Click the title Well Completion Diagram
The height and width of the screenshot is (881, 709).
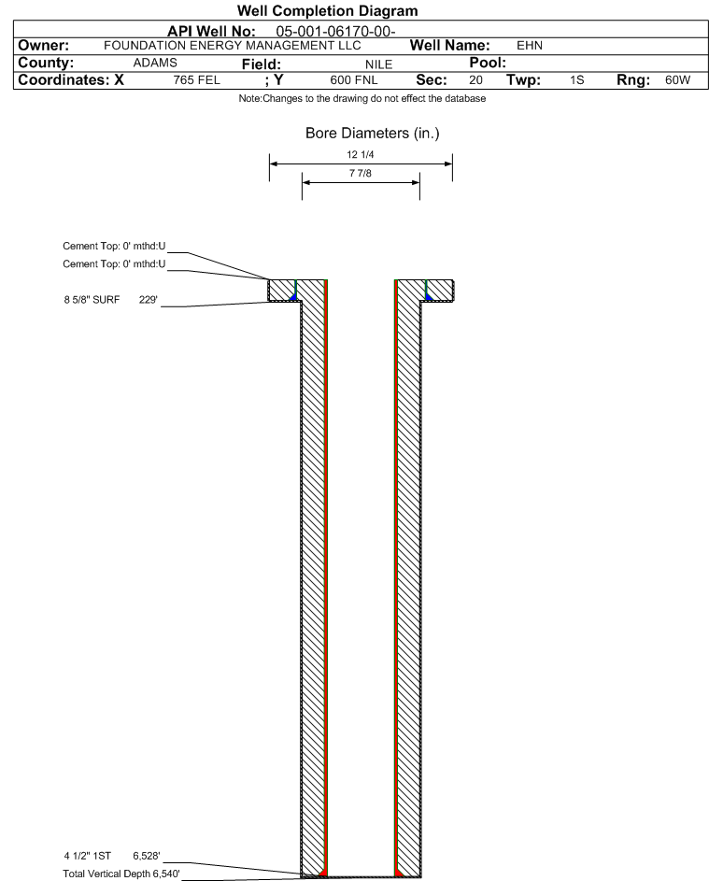(328, 10)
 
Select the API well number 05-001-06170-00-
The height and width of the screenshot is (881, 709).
(335, 32)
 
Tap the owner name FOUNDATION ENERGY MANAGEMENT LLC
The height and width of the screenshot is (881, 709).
(232, 46)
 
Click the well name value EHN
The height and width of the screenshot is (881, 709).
(530, 46)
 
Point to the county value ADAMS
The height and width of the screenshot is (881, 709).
(155, 63)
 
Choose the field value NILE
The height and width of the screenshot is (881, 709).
(378, 64)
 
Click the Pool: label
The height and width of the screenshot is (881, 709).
(488, 63)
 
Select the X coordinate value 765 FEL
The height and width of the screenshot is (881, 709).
(196, 80)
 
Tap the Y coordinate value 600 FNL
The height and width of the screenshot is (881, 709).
(354, 80)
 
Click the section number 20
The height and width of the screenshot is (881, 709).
(475, 80)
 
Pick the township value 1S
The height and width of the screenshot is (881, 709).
(577, 80)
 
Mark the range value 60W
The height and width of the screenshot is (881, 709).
(677, 80)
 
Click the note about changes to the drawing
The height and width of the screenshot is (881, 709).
(362, 99)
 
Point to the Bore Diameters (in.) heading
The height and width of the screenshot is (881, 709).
(373, 134)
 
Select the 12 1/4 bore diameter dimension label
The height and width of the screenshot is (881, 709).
(361, 154)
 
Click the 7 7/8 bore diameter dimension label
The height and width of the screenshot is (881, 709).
(361, 173)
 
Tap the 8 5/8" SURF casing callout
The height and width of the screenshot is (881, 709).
(92, 300)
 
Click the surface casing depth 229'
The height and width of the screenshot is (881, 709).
(149, 300)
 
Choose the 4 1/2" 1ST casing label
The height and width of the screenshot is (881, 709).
(88, 856)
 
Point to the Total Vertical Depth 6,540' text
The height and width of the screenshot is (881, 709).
(121, 874)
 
